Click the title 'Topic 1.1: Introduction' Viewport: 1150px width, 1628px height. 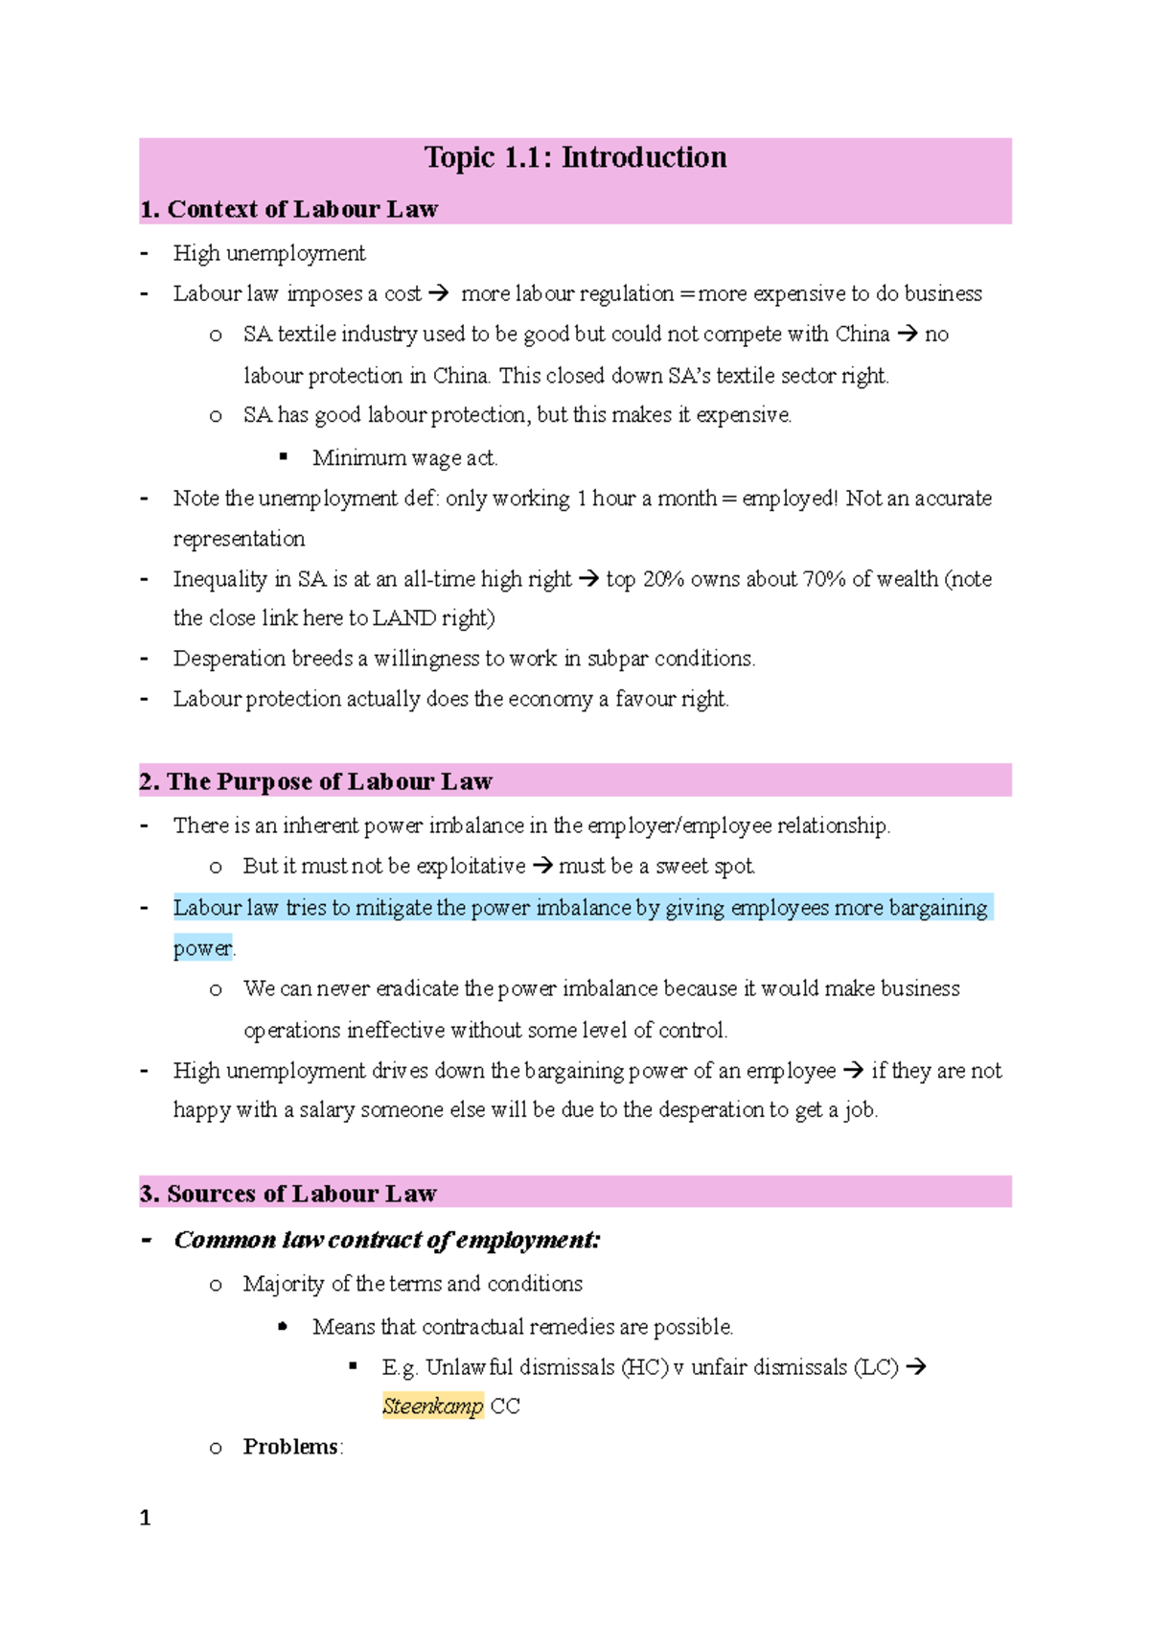pyautogui.click(x=575, y=157)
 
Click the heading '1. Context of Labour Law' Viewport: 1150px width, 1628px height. pyautogui.click(x=288, y=209)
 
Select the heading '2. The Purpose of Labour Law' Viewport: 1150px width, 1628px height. pyautogui.click(x=315, y=781)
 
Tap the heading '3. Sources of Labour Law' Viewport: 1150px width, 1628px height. pyautogui.click(x=288, y=1194)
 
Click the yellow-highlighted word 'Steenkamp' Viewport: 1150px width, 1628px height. pyautogui.click(x=432, y=1407)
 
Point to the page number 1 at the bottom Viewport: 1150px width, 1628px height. pyautogui.click(x=145, y=1518)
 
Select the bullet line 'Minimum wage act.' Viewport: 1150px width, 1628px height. pyautogui.click(x=404, y=458)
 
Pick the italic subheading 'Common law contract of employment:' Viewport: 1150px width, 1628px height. pyautogui.click(x=387, y=1240)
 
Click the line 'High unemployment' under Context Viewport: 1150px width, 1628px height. pyautogui.click(x=269, y=253)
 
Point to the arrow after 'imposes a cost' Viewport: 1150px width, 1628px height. pyautogui.click(x=439, y=294)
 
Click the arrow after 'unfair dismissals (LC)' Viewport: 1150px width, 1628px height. pyautogui.click(x=916, y=1367)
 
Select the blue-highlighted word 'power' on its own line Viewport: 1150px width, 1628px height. pyautogui.click(x=202, y=948)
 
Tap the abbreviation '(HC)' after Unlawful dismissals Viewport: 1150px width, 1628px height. pyautogui.click(x=644, y=1367)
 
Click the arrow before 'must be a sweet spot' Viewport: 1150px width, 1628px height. pyautogui.click(x=542, y=867)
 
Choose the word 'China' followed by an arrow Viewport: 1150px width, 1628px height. pyautogui.click(x=862, y=335)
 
